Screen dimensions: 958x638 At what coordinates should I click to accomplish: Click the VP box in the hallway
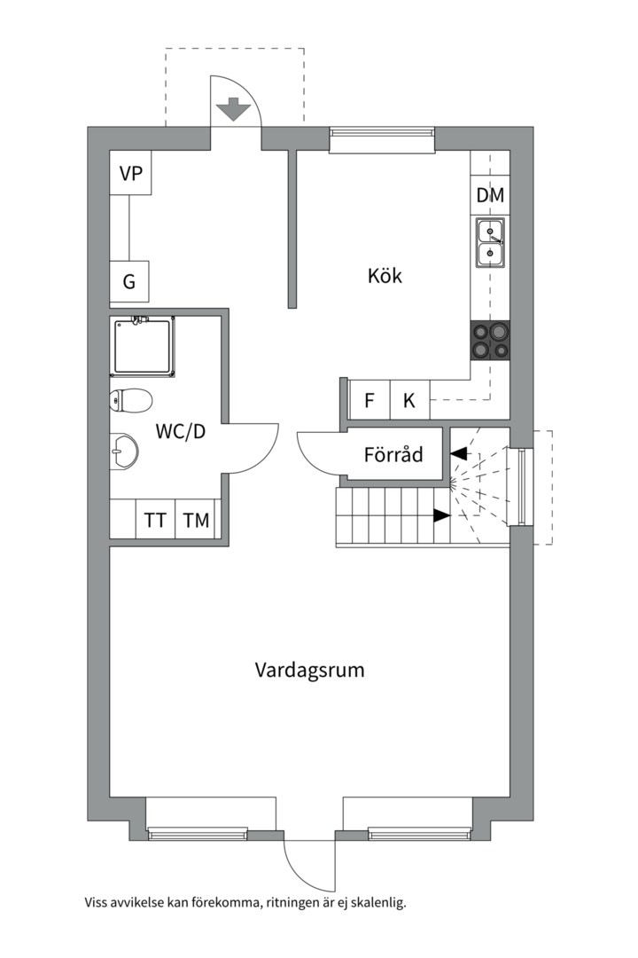(x=130, y=174)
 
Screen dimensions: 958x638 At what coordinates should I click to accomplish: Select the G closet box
(x=129, y=282)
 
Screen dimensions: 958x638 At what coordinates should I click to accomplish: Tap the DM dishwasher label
(x=490, y=195)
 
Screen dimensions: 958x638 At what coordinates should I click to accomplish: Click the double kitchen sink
(x=490, y=243)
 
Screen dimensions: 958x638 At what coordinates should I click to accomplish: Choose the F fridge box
(x=369, y=400)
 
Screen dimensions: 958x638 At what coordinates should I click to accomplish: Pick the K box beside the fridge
(x=409, y=400)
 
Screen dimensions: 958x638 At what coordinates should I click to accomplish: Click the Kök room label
(x=385, y=276)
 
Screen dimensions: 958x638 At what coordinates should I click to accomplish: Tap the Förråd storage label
(x=393, y=455)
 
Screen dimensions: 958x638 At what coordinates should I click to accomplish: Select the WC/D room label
(x=181, y=432)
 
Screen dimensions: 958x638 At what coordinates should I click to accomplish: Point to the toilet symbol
(x=129, y=401)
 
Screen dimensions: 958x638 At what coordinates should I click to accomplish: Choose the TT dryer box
(x=155, y=521)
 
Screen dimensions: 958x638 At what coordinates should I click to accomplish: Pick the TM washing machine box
(x=197, y=521)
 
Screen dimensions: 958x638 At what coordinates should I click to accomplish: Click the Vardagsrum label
(x=309, y=670)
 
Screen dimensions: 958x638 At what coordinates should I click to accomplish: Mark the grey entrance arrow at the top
(x=233, y=109)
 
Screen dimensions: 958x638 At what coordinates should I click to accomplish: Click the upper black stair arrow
(x=459, y=454)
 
